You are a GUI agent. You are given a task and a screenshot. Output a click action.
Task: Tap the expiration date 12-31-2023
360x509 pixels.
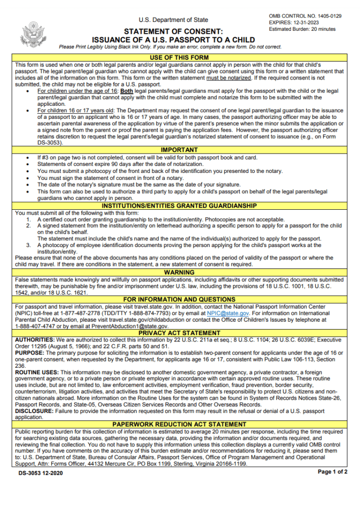[x=313, y=23]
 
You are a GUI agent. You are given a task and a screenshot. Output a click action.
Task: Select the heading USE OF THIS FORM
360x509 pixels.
[x=180, y=58]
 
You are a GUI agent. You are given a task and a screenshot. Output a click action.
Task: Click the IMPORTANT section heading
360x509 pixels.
[x=180, y=150]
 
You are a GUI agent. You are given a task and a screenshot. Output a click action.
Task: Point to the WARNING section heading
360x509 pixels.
[x=180, y=272]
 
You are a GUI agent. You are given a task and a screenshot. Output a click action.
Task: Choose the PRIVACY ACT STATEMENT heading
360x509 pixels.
[x=180, y=333]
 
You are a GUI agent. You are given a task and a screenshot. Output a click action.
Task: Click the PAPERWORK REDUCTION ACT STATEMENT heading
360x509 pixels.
[x=180, y=424]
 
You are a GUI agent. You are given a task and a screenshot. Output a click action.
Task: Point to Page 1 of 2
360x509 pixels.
[x=332, y=472]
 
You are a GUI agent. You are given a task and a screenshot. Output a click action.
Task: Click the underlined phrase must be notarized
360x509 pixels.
[x=227, y=78]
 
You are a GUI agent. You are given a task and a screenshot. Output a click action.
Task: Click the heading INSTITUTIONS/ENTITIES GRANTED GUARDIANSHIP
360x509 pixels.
[x=180, y=206]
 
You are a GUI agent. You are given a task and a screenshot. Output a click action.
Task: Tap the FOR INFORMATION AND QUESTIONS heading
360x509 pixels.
[x=180, y=300]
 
